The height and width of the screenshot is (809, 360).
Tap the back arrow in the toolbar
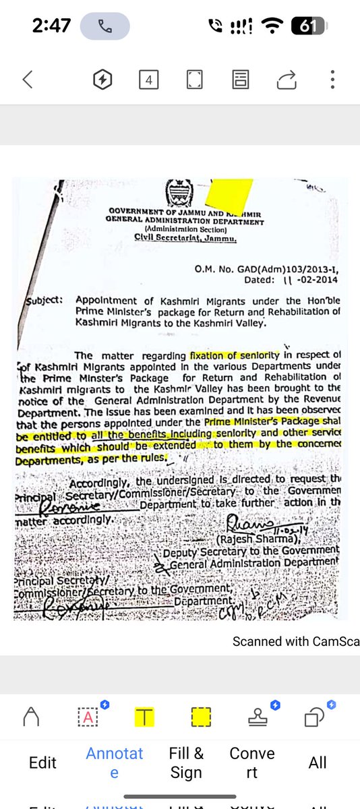28,80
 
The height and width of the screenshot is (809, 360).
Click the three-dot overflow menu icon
332,80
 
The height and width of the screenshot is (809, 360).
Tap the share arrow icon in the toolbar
287,80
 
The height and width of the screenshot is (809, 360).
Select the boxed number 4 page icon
148,80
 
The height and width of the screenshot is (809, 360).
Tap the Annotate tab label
114,762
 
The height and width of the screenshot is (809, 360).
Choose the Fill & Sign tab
186,762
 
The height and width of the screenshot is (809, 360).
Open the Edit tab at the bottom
42,762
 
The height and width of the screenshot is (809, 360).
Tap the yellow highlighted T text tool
144,717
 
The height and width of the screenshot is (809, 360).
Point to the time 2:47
51,26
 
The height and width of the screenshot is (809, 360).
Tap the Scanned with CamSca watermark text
295,641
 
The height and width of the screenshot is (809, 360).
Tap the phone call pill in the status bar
104,26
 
